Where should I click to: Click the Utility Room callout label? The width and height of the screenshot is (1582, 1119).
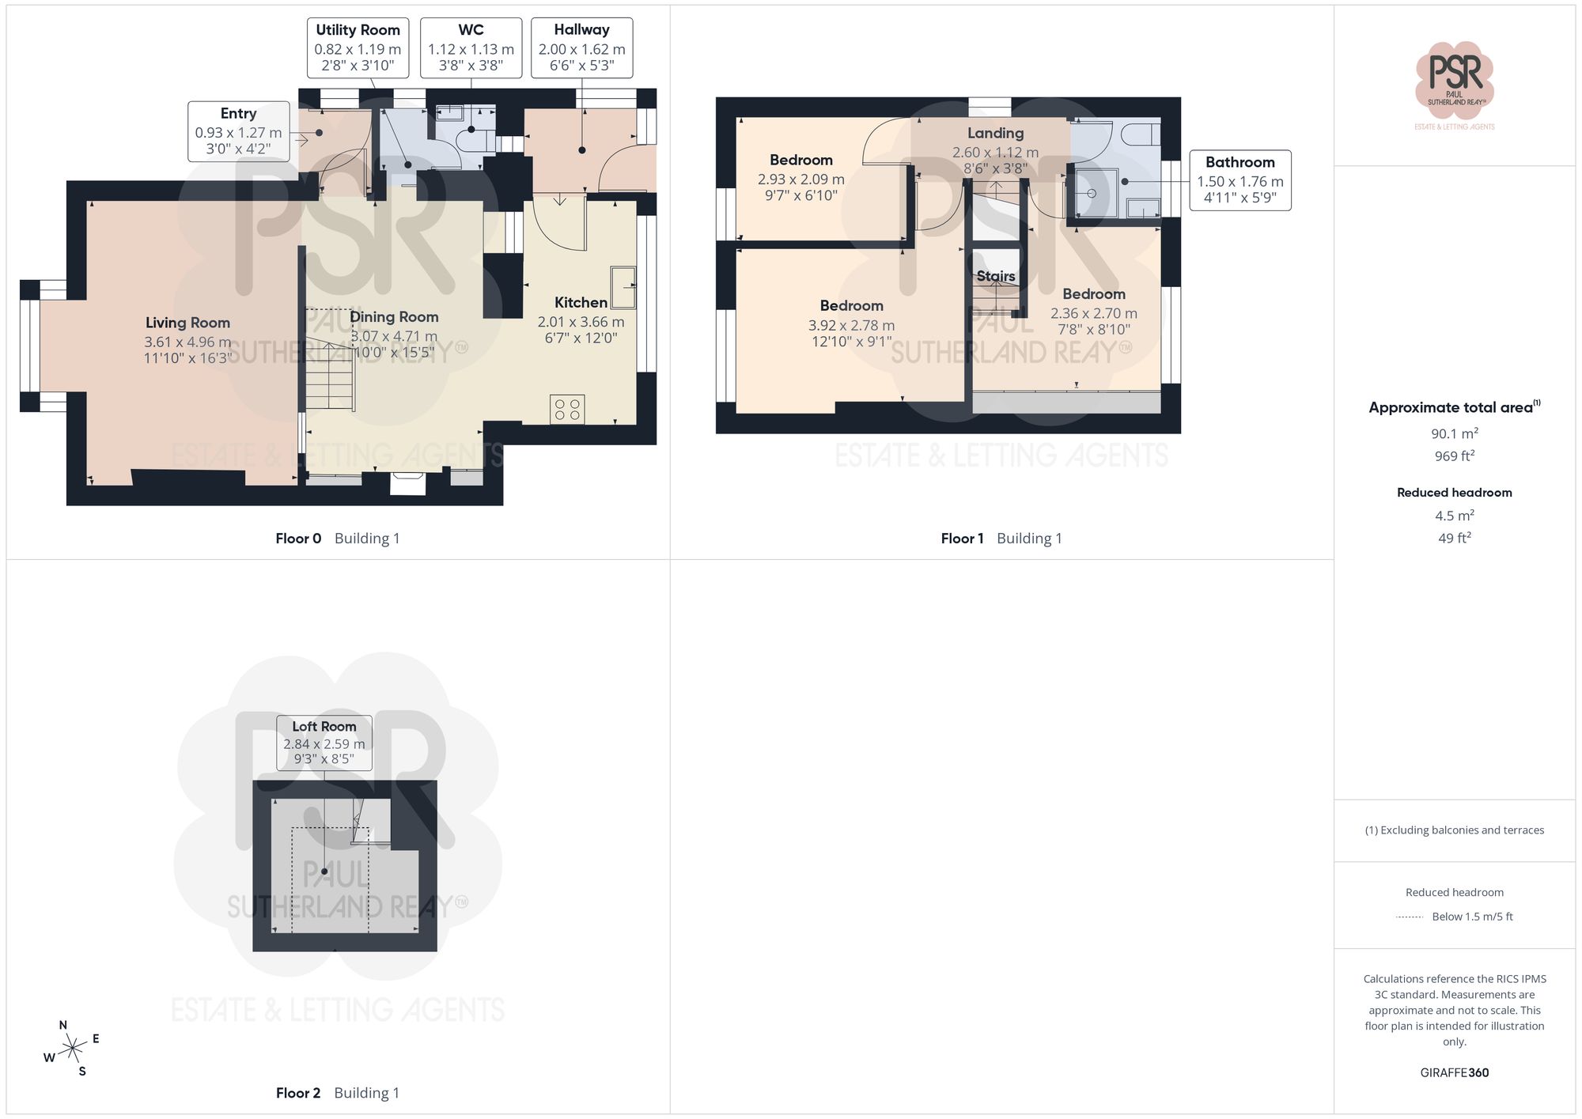point(358,47)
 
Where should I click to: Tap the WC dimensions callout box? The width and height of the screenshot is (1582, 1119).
point(471,47)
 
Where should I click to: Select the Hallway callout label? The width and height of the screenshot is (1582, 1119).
point(581,47)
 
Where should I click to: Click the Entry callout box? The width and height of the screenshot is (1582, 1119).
point(238,130)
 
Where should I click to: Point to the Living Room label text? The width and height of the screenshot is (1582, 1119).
point(187,323)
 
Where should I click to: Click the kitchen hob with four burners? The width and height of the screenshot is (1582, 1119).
point(567,409)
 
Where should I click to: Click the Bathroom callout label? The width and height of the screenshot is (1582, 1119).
point(1239,180)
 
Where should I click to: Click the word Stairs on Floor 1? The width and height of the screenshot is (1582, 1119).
point(995,276)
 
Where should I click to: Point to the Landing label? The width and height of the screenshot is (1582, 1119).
point(995,133)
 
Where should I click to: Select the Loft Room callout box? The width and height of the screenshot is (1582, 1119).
point(324,742)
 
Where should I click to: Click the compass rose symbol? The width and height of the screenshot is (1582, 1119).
point(72,1049)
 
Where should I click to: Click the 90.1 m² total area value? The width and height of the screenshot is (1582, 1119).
point(1454,433)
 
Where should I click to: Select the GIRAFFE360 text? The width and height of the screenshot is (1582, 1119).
point(1454,1072)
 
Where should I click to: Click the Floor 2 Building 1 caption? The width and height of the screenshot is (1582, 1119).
point(337,1092)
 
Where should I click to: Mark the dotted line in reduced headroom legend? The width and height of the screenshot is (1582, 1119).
point(1410,917)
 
